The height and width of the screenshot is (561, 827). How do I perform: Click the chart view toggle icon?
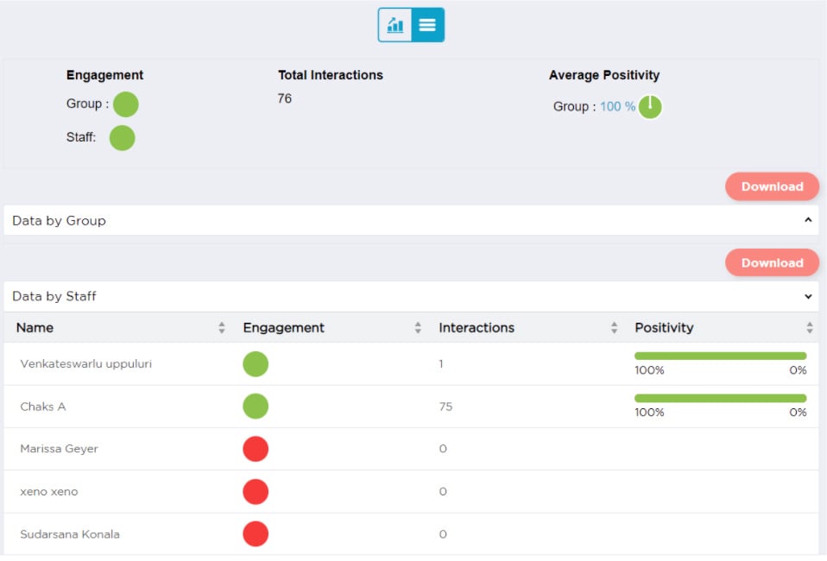[395, 25]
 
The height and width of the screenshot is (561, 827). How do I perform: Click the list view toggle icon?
[427, 25]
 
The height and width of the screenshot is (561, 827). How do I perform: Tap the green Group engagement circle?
[126, 104]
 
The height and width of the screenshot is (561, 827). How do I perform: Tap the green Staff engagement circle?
[123, 138]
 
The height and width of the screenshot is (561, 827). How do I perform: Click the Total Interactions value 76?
[285, 98]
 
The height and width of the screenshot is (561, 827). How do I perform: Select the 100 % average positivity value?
[617, 107]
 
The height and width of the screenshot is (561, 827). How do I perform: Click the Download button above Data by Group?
[772, 186]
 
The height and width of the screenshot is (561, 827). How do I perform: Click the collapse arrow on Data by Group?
[808, 221]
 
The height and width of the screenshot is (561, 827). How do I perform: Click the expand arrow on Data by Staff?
[808, 297]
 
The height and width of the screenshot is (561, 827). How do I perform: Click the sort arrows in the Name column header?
[222, 328]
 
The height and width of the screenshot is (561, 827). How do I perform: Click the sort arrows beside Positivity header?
[810, 328]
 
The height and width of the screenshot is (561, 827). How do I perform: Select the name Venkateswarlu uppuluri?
[86, 364]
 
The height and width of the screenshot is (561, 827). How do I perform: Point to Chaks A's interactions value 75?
[445, 407]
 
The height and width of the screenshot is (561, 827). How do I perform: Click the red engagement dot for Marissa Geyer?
[256, 449]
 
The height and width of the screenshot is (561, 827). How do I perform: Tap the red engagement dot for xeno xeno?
[256, 492]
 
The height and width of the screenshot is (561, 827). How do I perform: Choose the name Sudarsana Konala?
[70, 534]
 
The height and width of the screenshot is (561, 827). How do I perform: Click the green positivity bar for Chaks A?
[720, 398]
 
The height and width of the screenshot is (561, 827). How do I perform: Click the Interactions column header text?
[477, 328]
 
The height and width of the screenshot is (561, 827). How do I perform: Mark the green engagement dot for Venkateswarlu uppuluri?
[256, 364]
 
